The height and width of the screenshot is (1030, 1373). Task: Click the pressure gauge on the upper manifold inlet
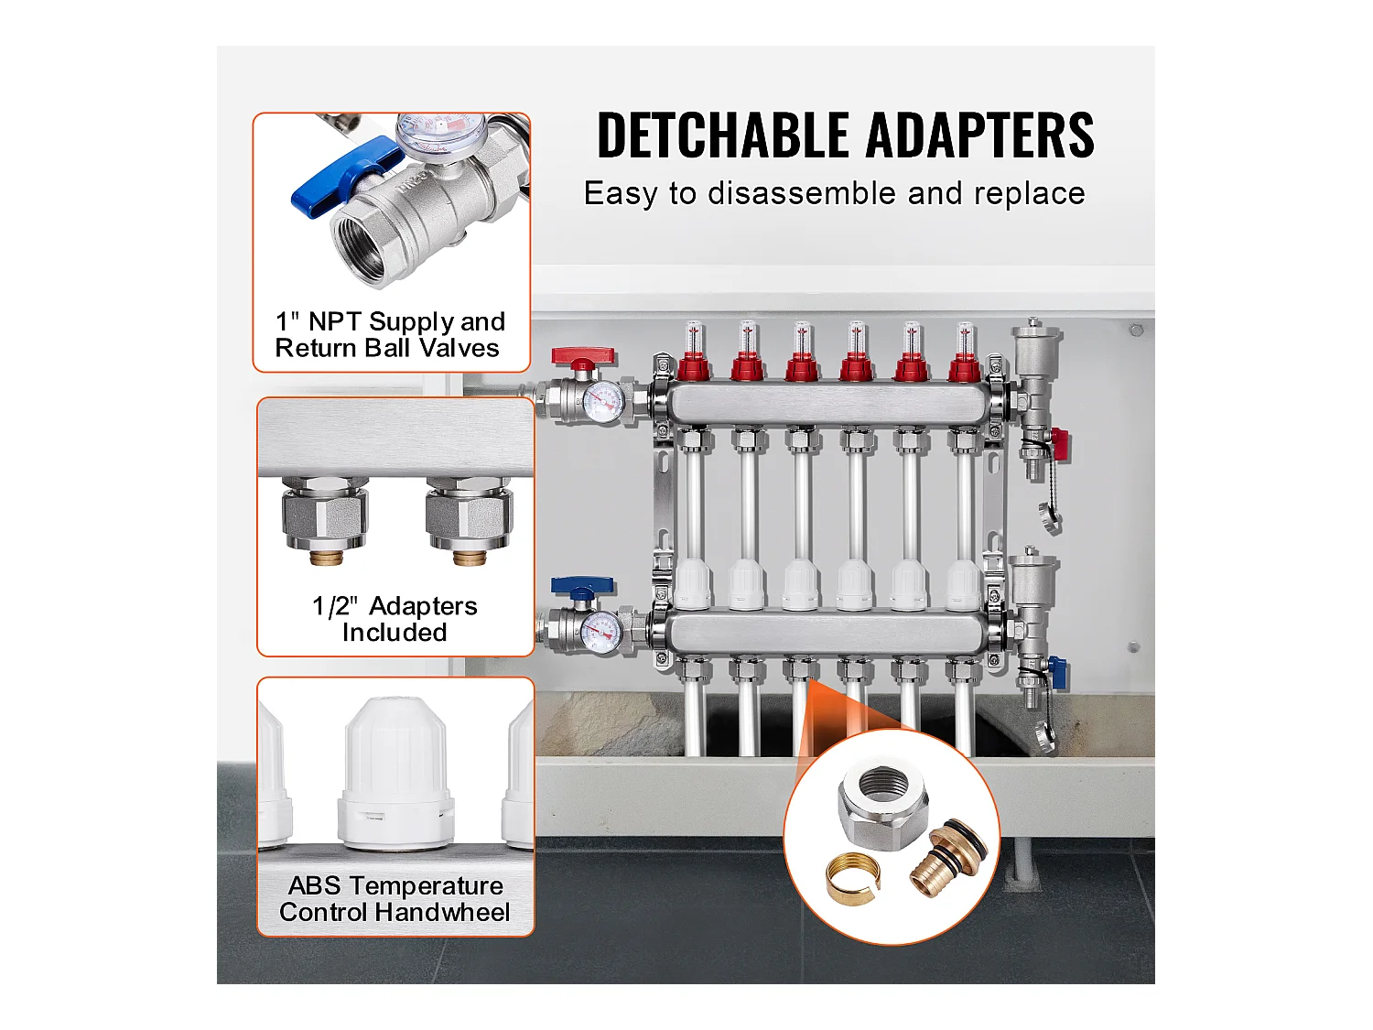(602, 403)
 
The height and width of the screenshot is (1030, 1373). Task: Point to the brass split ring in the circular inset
(851, 877)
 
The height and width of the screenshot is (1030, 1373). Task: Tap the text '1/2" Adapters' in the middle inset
(395, 606)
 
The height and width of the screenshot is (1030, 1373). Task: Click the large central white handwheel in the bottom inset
(395, 774)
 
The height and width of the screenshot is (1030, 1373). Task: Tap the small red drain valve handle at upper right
(1059, 444)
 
